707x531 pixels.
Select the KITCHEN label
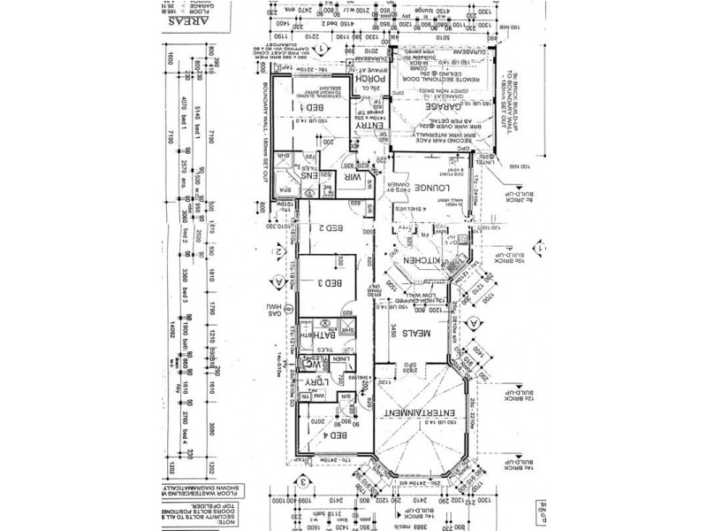416,264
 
